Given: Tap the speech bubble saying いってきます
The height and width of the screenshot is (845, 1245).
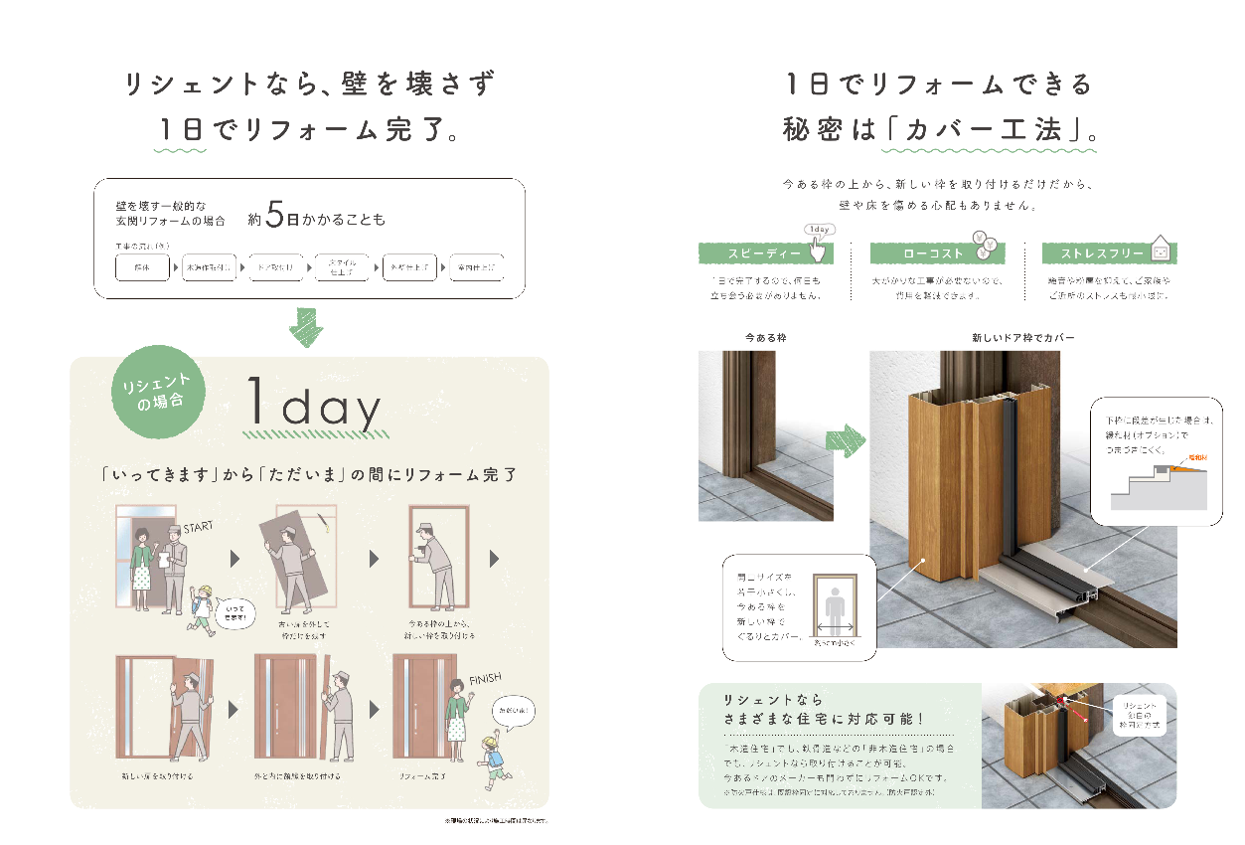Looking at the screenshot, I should (235, 613).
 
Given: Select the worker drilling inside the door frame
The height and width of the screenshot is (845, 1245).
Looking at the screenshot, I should (433, 562).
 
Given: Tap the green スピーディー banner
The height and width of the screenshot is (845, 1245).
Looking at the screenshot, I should (765, 254).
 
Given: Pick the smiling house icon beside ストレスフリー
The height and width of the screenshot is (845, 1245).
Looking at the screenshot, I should (1159, 248).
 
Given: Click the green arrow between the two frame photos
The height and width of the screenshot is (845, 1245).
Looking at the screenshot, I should (847, 437).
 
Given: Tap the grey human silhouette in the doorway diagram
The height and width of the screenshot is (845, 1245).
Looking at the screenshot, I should (831, 605).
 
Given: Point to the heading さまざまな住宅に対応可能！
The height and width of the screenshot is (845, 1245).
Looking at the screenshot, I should (824, 719).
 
